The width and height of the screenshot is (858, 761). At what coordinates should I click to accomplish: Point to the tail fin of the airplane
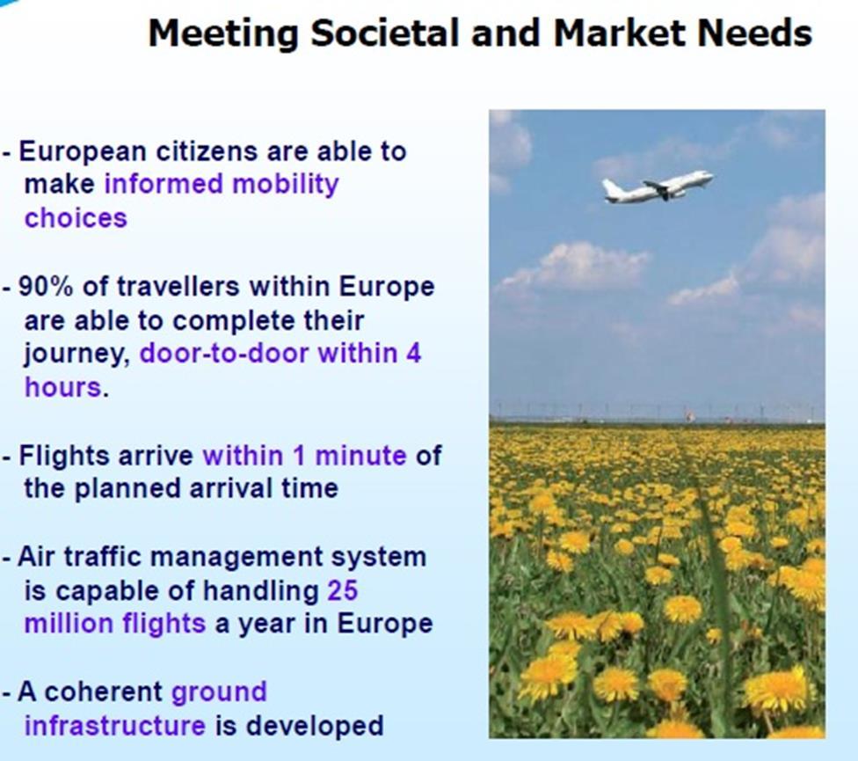[x=608, y=187]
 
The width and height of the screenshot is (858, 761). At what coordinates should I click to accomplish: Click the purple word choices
[x=76, y=218]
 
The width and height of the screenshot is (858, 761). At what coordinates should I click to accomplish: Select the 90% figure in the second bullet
[x=45, y=286]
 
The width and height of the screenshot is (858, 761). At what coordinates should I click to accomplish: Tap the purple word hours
[x=63, y=387]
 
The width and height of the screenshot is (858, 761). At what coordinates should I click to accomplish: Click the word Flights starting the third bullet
[x=63, y=456]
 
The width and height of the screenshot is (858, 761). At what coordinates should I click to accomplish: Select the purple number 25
[x=343, y=590]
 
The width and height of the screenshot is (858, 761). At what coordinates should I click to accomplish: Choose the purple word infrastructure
[x=115, y=726]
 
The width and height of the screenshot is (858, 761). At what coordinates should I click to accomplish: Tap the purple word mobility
[x=285, y=185]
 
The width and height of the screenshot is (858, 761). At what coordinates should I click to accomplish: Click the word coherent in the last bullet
[x=103, y=692]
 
